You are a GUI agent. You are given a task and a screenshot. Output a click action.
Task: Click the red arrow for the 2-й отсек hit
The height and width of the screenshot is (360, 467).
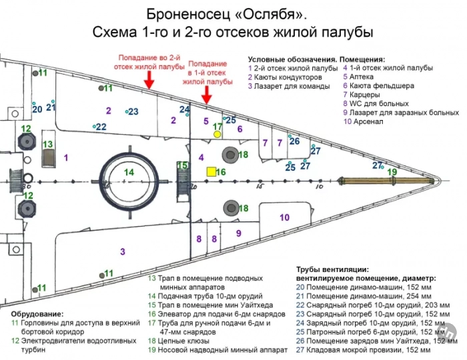tap(149, 79)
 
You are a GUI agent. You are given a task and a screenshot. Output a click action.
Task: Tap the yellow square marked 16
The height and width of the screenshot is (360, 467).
tap(211, 172)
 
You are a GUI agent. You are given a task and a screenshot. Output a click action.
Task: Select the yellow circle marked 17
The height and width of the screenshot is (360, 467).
tap(217, 134)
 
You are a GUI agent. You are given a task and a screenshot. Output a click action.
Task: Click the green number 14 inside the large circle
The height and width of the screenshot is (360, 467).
tap(129, 172)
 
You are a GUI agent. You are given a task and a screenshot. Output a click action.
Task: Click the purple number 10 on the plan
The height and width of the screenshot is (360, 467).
tap(284, 217)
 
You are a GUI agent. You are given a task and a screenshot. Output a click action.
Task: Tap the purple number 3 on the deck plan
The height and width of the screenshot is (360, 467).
tap(122, 251)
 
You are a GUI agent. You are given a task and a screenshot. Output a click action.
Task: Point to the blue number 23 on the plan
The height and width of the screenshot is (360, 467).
tap(133, 111)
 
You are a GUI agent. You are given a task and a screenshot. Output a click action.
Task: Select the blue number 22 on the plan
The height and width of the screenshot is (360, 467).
tap(101, 127)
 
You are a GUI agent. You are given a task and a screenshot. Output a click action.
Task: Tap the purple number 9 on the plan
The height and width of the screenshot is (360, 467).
tap(238, 233)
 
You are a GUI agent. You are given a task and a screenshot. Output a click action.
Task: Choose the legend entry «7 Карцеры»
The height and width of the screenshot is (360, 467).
tap(363, 95)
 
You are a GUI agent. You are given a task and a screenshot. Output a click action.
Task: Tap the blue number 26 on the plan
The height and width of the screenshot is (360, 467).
tap(294, 141)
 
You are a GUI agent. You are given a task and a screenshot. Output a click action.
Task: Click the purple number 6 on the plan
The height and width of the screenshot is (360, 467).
tap(240, 129)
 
